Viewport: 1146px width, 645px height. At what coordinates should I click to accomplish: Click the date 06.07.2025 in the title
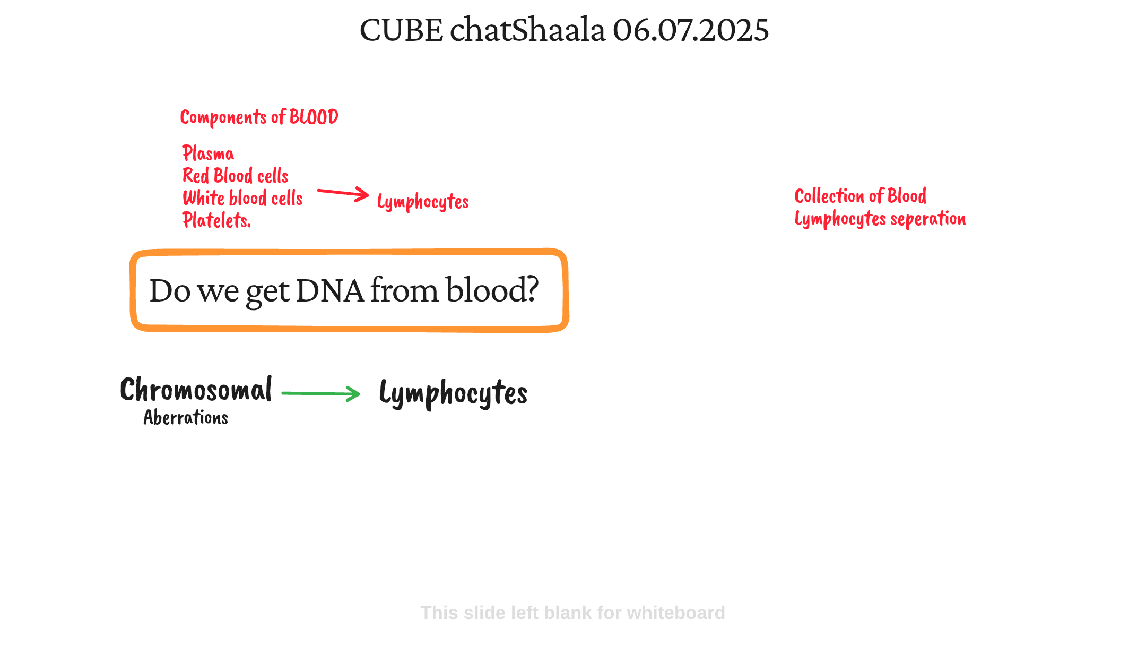tap(691, 30)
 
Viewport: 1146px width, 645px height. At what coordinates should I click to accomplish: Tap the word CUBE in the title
tap(401, 30)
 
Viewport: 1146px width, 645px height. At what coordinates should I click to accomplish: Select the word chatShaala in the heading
tap(527, 30)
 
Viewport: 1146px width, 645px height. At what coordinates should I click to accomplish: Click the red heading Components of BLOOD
tap(259, 117)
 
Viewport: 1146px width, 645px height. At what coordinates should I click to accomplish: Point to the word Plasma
tap(208, 153)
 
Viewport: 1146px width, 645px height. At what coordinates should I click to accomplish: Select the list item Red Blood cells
tap(236, 176)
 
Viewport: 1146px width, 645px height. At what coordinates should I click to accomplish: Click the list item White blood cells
tap(242, 198)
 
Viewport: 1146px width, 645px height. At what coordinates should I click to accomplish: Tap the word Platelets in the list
tap(215, 220)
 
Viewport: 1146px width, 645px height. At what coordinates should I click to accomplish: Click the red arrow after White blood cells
tap(343, 193)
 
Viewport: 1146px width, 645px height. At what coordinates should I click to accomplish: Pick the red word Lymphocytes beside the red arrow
tap(423, 202)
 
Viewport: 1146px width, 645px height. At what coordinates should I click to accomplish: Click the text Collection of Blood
tap(861, 196)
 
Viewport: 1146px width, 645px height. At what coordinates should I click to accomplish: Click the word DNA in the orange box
tap(330, 290)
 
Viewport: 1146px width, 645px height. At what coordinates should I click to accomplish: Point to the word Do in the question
tap(170, 291)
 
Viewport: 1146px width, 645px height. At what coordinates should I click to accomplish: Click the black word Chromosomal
tap(196, 389)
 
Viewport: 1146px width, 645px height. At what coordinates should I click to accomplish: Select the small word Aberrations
tap(186, 418)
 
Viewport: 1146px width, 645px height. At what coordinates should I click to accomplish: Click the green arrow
tap(321, 393)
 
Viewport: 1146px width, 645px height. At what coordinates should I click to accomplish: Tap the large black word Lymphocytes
tap(454, 394)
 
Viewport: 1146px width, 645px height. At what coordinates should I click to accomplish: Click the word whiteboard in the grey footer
tap(676, 613)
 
